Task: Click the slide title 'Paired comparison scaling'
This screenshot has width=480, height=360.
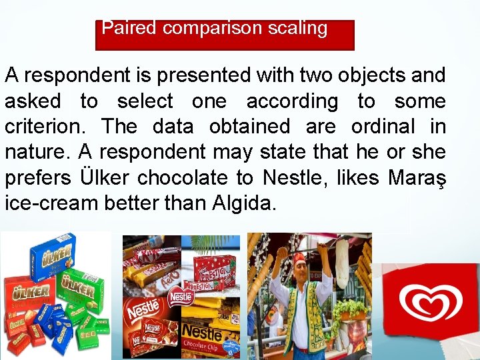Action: [x=214, y=29]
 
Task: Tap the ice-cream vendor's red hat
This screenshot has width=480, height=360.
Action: [x=299, y=258]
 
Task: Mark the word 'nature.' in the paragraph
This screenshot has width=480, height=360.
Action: [x=34, y=152]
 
